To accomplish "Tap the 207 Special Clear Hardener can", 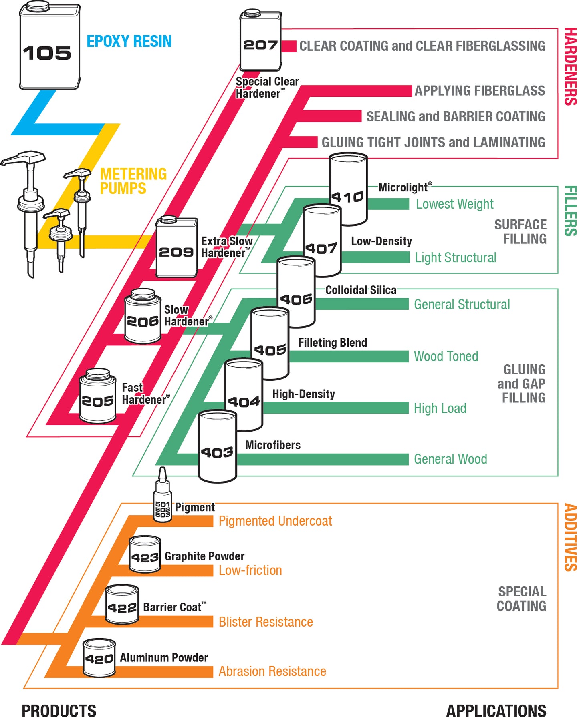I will pyautogui.click(x=260, y=42).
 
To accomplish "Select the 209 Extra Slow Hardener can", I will pyautogui.click(x=176, y=248).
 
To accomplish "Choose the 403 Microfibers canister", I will pyautogui.click(x=217, y=446).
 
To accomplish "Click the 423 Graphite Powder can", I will pyautogui.click(x=145, y=555).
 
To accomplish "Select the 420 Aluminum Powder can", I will pyautogui.click(x=99, y=658).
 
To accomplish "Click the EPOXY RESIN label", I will pyautogui.click(x=129, y=41).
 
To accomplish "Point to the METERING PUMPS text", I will pyautogui.click(x=133, y=181).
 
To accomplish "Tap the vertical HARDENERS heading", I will pyautogui.click(x=570, y=66).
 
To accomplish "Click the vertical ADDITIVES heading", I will pyautogui.click(x=570, y=537).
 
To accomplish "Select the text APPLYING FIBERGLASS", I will pyautogui.click(x=479, y=91).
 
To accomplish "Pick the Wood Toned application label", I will pyautogui.click(x=446, y=356).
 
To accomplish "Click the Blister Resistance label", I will pyautogui.click(x=266, y=622).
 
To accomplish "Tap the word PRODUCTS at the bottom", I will pyautogui.click(x=59, y=711).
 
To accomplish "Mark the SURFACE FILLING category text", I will pyautogui.click(x=520, y=232).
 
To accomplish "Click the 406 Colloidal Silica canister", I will pyautogui.click(x=296, y=292).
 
